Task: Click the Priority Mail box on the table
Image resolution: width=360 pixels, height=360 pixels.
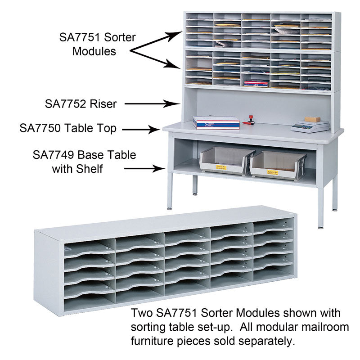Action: tap(216, 122)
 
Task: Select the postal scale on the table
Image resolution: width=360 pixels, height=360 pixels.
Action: tap(310, 126)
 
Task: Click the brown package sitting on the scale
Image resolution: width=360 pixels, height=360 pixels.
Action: tap(312, 119)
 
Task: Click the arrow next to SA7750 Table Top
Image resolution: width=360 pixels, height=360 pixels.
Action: tap(142, 129)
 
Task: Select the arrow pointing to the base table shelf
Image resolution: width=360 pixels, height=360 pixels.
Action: tap(144, 169)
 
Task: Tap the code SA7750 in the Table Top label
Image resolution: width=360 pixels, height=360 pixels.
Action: tap(39, 128)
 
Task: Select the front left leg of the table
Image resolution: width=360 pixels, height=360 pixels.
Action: tap(170, 191)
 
